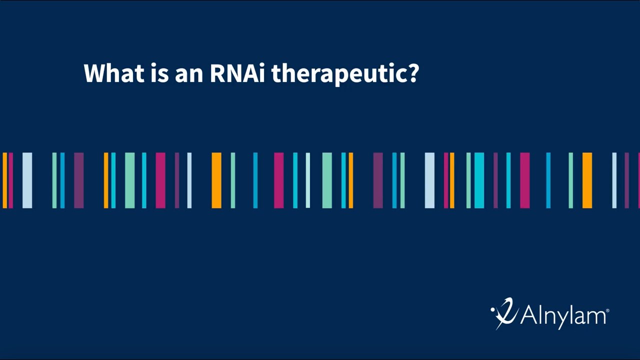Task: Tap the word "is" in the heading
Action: [158, 73]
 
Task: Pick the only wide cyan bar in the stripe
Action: [479, 180]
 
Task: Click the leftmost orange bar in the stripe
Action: [5, 180]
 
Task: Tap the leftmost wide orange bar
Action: [216, 180]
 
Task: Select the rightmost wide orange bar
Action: [587, 180]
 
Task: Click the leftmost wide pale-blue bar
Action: [27, 180]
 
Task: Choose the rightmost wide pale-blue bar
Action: [429, 180]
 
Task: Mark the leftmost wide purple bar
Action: [79, 180]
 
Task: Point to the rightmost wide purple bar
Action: [378, 180]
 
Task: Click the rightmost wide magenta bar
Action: [524, 180]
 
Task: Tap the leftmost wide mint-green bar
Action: [129, 180]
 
